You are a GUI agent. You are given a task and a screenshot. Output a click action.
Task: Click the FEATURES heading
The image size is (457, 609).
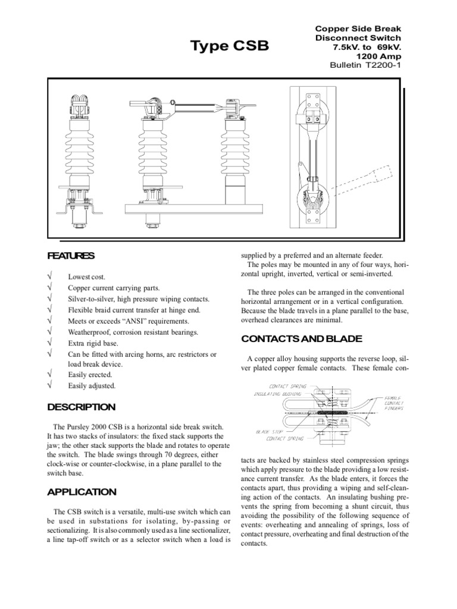point(71,256)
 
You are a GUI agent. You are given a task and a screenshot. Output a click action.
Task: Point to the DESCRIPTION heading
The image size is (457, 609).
point(82,407)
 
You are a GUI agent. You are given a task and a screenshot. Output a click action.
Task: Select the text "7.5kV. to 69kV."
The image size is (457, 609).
point(369,46)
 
